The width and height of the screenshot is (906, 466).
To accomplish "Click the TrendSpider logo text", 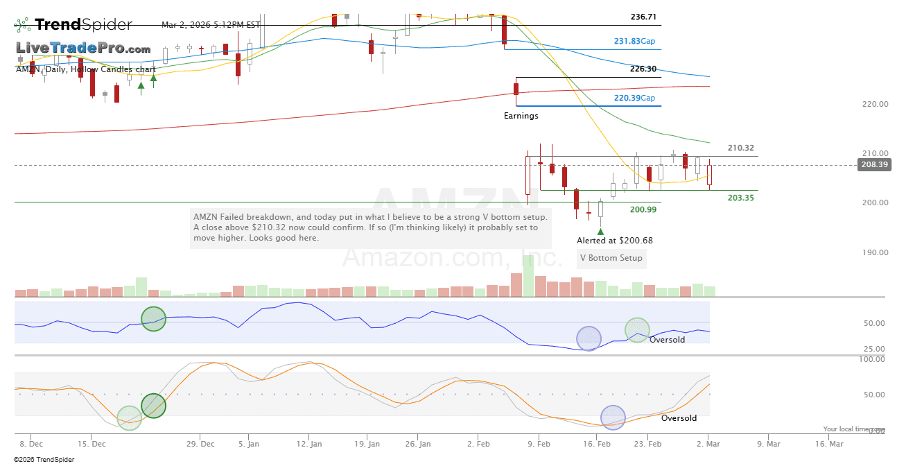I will click(82, 25).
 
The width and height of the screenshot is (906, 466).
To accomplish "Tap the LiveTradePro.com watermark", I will click(83, 49).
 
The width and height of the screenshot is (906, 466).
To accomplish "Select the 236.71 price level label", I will click(643, 17).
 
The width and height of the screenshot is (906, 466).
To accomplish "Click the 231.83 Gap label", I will click(634, 41).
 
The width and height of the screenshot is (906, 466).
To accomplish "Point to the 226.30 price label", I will click(643, 69).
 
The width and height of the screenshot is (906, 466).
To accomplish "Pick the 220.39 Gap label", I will click(634, 98).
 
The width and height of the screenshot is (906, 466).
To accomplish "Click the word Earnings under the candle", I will click(521, 116).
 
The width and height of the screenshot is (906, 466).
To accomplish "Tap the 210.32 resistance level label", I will click(741, 148).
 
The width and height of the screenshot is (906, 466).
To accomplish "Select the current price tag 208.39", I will click(874, 165).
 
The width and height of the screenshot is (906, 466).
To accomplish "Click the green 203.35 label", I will click(741, 198).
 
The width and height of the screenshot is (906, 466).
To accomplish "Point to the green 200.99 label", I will click(643, 209).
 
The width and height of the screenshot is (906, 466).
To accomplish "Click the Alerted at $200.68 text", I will click(614, 241).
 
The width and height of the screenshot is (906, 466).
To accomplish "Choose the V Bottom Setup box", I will click(611, 258).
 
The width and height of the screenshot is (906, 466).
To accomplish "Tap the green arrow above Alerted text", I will click(600, 230).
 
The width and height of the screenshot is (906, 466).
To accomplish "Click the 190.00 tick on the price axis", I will click(874, 252).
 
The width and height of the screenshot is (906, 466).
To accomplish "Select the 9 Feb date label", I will click(539, 443).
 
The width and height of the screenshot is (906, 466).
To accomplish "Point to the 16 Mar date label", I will click(829, 443).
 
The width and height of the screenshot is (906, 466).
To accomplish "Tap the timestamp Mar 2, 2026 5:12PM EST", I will click(211, 25).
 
